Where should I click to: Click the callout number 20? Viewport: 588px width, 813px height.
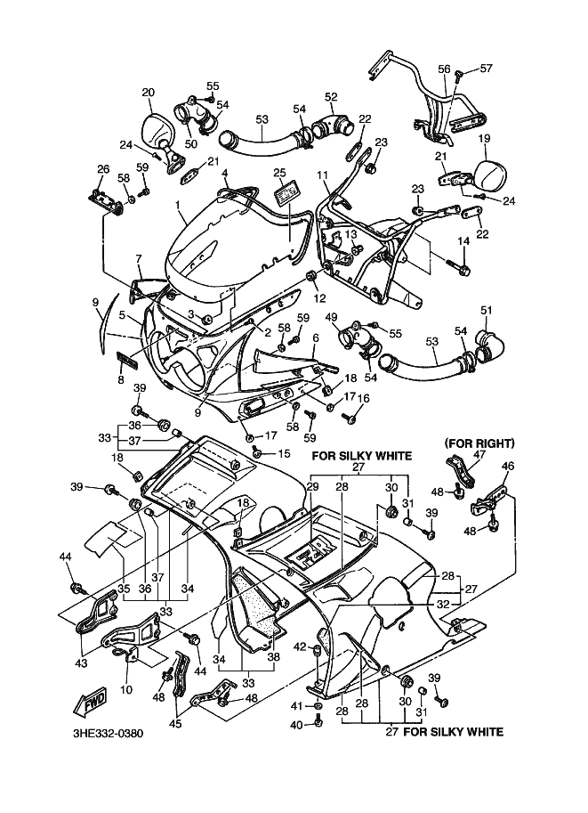click(x=148, y=92)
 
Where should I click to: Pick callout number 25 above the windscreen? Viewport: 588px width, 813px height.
click(x=278, y=172)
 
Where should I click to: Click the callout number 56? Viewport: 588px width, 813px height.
click(x=444, y=68)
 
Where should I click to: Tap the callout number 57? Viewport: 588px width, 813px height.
click(x=486, y=68)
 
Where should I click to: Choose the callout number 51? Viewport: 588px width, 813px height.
click(x=486, y=310)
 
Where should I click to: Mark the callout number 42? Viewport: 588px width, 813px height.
click(x=300, y=646)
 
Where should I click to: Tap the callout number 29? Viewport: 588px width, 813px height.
click(x=312, y=486)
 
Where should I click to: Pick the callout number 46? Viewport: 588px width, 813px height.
click(x=508, y=465)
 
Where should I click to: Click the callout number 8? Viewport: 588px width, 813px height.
click(x=121, y=378)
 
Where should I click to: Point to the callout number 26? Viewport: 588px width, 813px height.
click(x=102, y=169)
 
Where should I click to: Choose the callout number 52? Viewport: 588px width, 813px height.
click(x=331, y=96)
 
